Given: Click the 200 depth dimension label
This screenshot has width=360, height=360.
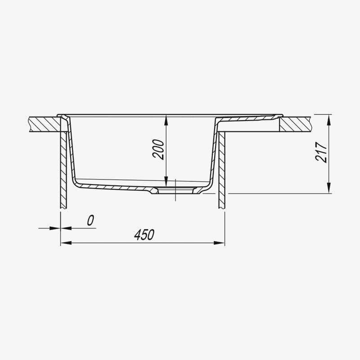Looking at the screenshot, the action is click(158, 149).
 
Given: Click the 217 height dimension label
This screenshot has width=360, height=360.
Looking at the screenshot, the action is click(321, 152).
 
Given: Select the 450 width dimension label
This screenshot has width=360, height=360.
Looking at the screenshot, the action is click(144, 234).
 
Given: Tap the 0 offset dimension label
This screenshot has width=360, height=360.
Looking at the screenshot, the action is click(90, 220).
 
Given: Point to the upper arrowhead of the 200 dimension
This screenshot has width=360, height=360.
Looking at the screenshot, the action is click(166, 121).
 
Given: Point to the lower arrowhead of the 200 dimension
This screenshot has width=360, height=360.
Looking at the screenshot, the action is click(166, 182).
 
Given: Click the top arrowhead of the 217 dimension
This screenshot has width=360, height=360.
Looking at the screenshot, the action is click(329, 119).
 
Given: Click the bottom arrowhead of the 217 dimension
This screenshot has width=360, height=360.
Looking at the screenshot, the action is click(329, 189).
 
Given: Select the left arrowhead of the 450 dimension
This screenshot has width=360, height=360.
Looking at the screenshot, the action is click(66, 243).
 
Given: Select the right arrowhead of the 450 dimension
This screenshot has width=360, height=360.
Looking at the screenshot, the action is click(219, 243).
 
